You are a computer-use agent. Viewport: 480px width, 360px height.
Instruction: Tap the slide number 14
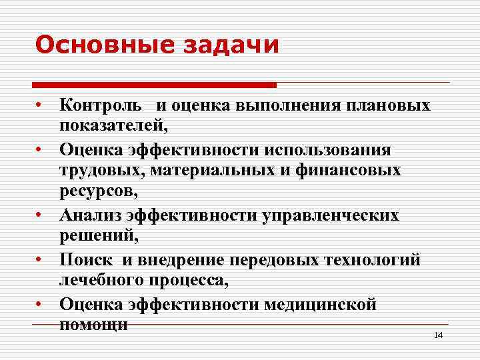click(x=438, y=335)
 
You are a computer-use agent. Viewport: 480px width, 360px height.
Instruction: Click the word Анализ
click(x=89, y=215)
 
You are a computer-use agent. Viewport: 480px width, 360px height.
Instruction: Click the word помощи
click(x=93, y=325)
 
